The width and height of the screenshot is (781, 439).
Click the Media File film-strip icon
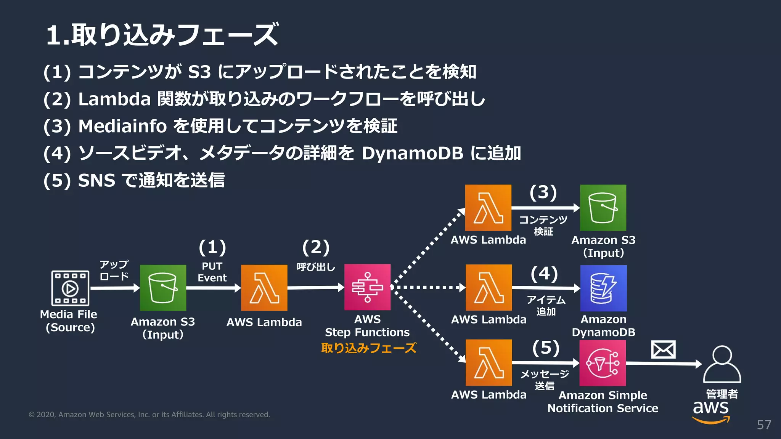point(70,288)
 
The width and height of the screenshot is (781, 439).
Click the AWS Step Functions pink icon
point(367,287)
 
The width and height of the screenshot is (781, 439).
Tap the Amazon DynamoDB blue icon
point(603,288)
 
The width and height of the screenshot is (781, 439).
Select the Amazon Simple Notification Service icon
point(603,363)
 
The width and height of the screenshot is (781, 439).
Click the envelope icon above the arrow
point(663,350)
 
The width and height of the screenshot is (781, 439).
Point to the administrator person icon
point(722,364)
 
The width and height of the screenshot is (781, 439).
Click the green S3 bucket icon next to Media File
point(163,288)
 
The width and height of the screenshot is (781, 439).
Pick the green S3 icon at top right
point(603,208)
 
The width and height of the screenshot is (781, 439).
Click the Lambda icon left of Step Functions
point(264,288)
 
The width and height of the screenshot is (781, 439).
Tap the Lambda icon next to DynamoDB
point(489,288)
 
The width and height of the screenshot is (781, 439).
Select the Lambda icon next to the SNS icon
point(489,363)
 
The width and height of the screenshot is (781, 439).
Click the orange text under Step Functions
point(368,348)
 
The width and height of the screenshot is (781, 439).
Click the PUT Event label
point(212,272)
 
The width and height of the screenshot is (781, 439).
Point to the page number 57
point(764,425)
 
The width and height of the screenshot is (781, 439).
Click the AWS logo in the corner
point(711,411)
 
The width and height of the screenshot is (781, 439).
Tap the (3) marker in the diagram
point(543,192)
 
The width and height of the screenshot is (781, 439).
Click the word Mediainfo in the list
point(122,126)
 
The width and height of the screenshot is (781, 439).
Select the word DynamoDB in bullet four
point(412,153)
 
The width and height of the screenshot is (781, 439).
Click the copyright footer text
point(149,415)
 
